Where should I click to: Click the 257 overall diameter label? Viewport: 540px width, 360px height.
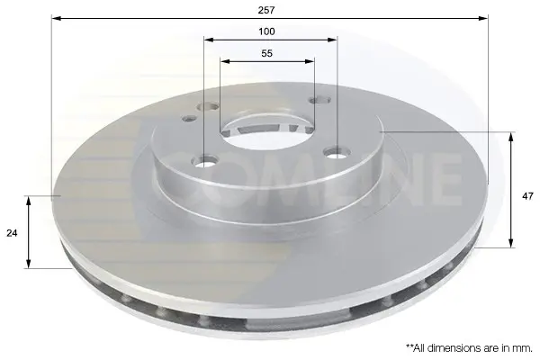coord(266,10)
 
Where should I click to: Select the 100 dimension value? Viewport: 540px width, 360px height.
coord(266,31)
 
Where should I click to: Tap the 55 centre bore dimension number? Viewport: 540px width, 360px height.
coord(267,53)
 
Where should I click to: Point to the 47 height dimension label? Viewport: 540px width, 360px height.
coord(527,196)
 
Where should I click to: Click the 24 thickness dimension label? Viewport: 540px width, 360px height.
coord(12,233)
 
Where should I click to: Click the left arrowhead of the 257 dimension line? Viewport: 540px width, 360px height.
coord(56,18)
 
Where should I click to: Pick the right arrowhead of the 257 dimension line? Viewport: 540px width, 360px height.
coord(483,18)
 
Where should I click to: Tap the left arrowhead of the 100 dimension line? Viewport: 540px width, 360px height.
coord(209,40)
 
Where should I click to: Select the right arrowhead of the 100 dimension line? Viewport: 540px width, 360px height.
coord(332,40)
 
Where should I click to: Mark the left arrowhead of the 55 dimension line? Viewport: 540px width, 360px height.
coord(225,62)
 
